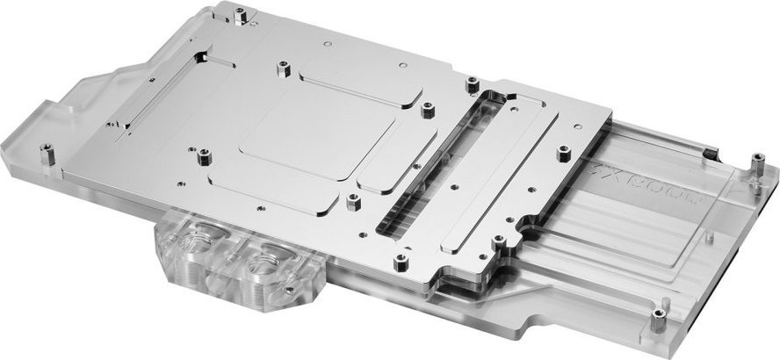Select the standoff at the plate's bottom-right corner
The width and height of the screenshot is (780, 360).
[x=400, y=260]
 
